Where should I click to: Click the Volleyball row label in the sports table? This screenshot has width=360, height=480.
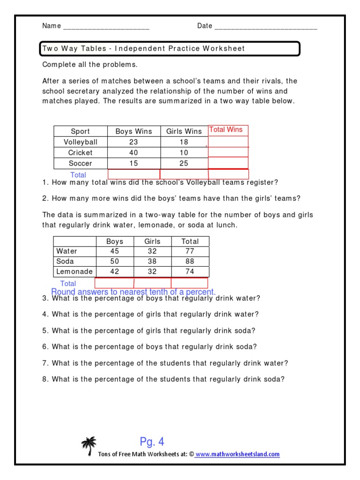pyautogui.click(x=80, y=142)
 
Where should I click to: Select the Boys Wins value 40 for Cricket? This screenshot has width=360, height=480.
pyautogui.click(x=134, y=153)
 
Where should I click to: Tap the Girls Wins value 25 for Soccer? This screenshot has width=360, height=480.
pyautogui.click(x=184, y=164)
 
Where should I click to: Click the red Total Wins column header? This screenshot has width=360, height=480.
pyautogui.click(x=225, y=130)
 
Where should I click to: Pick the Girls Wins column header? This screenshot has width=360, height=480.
pyautogui.click(x=184, y=132)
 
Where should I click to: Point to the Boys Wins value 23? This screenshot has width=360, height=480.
pyautogui.click(x=134, y=142)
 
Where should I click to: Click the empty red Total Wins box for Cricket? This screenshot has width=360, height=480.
pyautogui.click(x=228, y=152)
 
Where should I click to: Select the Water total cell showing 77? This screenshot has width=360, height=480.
pyautogui.click(x=190, y=251)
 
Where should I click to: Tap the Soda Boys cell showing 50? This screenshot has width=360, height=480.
pyautogui.click(x=114, y=262)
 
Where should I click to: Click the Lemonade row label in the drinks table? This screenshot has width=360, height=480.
pyautogui.click(x=74, y=272)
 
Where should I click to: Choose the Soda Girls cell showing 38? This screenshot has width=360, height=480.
pyautogui.click(x=152, y=262)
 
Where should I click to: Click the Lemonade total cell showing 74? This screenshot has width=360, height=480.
pyautogui.click(x=190, y=272)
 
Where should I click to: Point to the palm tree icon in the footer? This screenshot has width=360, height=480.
pyautogui.click(x=89, y=446)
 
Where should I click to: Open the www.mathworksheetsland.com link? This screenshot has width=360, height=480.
pyautogui.click(x=237, y=454)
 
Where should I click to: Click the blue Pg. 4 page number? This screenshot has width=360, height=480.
pyautogui.click(x=152, y=442)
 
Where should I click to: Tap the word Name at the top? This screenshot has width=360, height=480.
pyautogui.click(x=52, y=26)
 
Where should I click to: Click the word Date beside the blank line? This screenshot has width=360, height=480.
pyautogui.click(x=205, y=26)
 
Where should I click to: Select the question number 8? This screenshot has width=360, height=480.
pyautogui.click(x=45, y=380)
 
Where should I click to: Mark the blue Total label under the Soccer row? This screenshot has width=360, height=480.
pyautogui.click(x=78, y=175)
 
